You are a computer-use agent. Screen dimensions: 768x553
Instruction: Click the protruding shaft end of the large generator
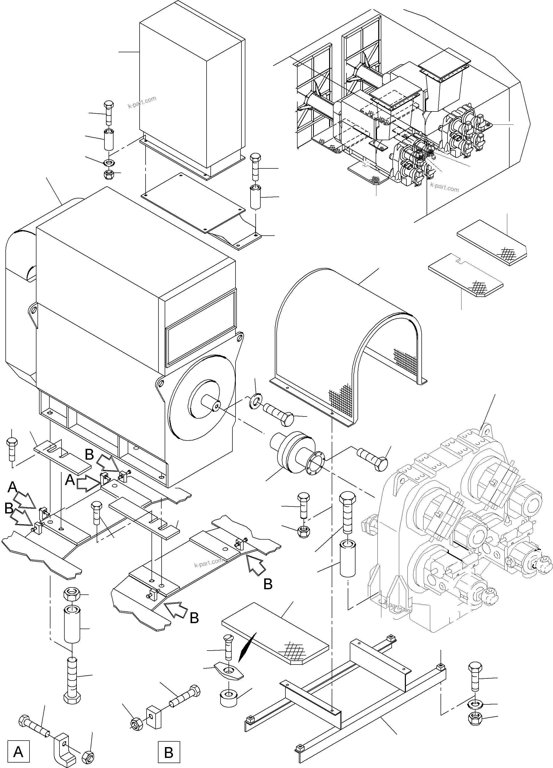coord(211,403)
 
